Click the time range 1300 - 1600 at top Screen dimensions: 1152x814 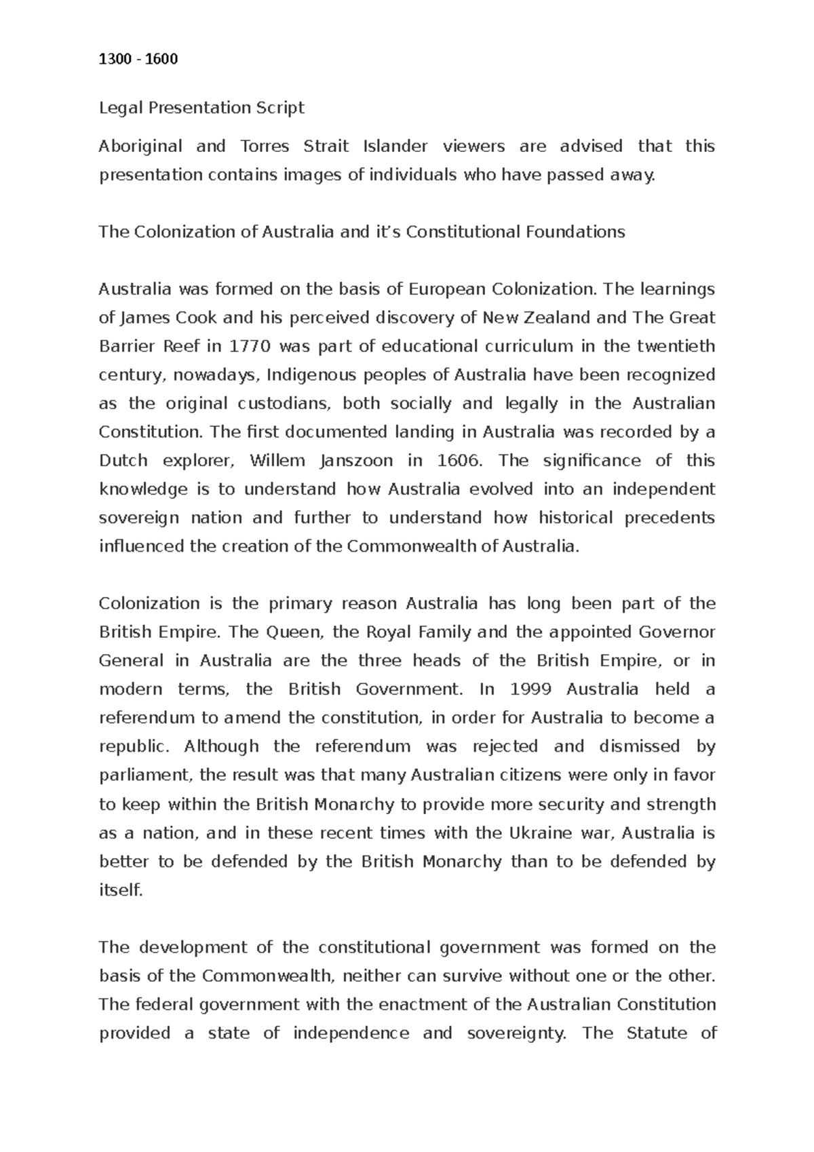pyautogui.click(x=138, y=59)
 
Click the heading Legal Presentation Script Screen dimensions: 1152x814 pyautogui.click(x=201, y=108)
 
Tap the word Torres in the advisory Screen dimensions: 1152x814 pyautogui.click(x=265, y=146)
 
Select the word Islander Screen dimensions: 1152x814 pyautogui.click(x=395, y=146)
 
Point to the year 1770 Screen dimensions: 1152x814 pyautogui.click(x=250, y=346)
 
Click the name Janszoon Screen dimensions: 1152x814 pyautogui.click(x=355, y=461)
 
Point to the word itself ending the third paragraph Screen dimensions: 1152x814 pyautogui.click(x=121, y=890)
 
